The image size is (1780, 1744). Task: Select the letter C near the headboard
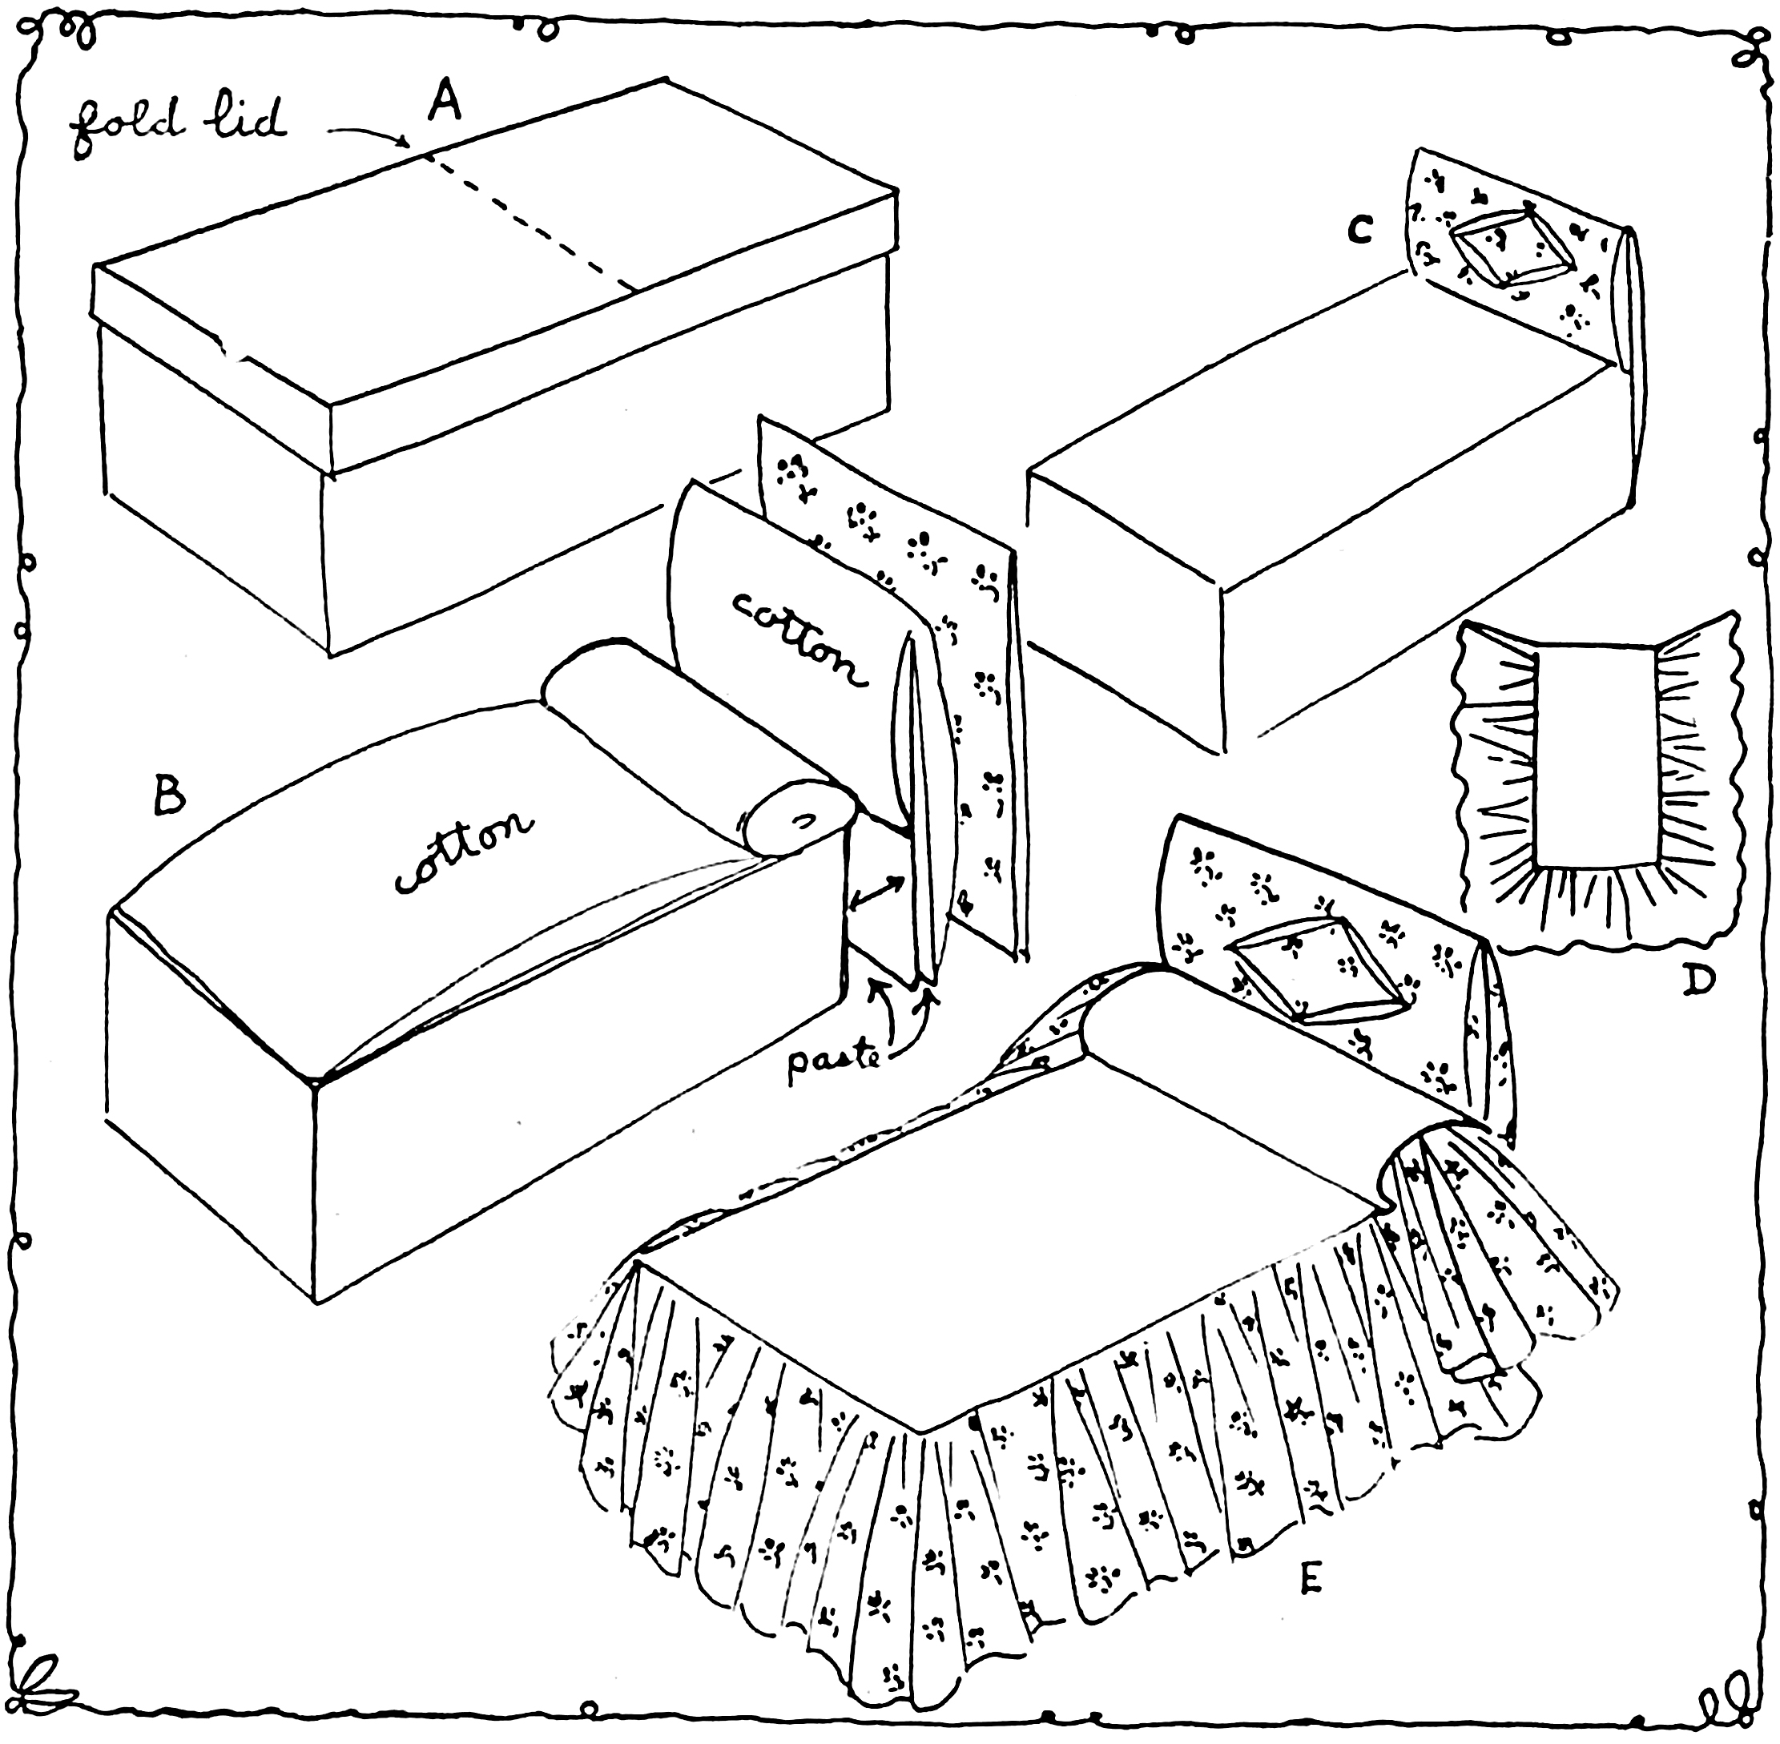pyautogui.click(x=1360, y=230)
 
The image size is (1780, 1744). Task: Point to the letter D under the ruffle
pyautogui.click(x=1698, y=982)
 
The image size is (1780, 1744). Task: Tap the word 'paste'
pyautogui.click(x=833, y=1065)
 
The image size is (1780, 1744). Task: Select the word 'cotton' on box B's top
pyautogui.click(x=463, y=852)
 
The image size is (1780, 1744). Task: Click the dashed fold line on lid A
pyautogui.click(x=531, y=224)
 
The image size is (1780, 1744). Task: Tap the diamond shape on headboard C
pyautogui.click(x=1512, y=244)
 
